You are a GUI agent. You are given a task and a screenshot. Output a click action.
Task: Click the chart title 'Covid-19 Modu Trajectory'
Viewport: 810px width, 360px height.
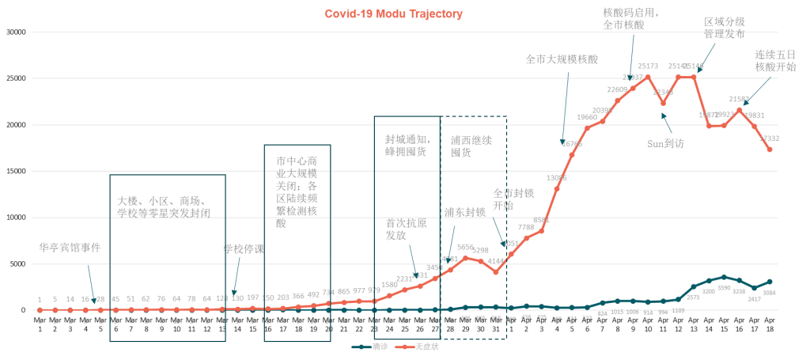pyautogui.click(x=393, y=14)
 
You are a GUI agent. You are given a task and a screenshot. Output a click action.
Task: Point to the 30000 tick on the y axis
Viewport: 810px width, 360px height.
pyautogui.click(x=16, y=32)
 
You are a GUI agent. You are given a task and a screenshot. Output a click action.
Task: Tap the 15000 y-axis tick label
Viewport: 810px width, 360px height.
pyautogui.click(x=16, y=171)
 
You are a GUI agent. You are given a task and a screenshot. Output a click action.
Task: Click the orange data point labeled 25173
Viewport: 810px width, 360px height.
pyautogui.click(x=648, y=77)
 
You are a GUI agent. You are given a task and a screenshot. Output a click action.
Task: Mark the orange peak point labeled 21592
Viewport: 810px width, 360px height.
pyautogui.click(x=739, y=110)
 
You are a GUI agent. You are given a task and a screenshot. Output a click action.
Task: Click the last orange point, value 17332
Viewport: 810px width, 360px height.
pyautogui.click(x=770, y=150)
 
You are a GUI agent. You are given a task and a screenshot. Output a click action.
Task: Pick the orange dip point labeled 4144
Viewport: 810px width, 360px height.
pyautogui.click(x=496, y=271)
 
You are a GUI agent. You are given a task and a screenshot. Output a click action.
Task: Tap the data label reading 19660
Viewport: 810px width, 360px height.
pyautogui.click(x=586, y=117)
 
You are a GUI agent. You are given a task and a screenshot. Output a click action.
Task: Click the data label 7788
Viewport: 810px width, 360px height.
pyautogui.click(x=526, y=227)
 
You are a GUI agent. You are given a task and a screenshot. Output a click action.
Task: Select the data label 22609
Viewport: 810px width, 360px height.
pyautogui.click(x=617, y=89)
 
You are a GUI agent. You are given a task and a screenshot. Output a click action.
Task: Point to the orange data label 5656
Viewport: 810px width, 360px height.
pyautogui.click(x=465, y=247)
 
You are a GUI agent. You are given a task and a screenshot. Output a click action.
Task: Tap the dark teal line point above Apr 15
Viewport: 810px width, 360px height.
pyautogui.click(x=724, y=277)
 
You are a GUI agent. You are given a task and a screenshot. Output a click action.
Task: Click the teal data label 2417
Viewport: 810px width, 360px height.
pyautogui.click(x=755, y=299)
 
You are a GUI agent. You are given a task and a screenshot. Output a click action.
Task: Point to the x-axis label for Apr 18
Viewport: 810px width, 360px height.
pyautogui.click(x=770, y=324)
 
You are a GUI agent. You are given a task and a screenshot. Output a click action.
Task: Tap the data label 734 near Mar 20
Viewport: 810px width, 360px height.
pyautogui.click(x=328, y=292)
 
